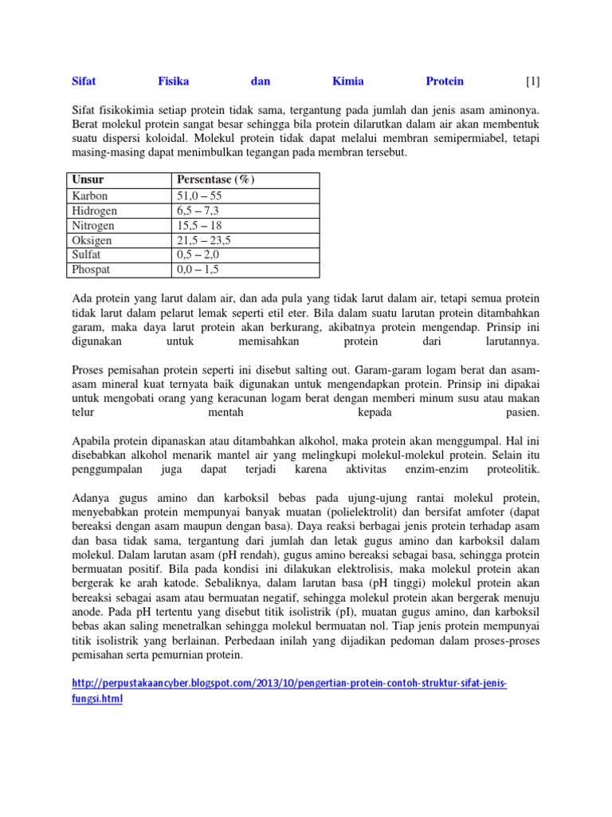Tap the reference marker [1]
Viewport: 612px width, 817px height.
(533, 81)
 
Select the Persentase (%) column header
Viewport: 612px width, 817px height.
(215, 180)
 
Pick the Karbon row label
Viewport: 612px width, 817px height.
(90, 195)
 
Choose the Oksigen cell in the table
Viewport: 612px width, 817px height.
(92, 240)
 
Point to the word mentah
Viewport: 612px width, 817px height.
(226, 413)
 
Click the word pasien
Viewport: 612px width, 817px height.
(523, 413)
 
